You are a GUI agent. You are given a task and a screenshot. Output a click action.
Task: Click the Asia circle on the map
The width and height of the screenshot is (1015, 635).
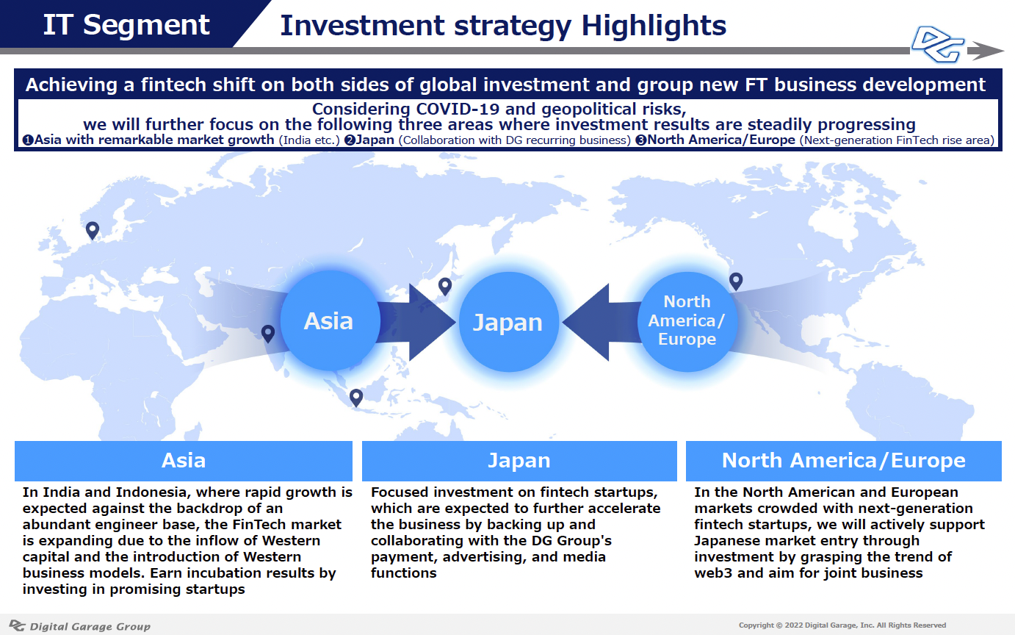(x=330, y=320)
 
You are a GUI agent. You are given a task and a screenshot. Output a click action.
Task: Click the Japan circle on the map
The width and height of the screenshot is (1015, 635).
(x=508, y=322)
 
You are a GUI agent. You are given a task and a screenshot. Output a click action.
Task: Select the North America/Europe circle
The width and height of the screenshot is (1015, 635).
(x=687, y=321)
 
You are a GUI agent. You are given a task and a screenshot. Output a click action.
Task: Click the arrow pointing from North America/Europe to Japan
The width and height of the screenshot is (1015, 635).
(x=602, y=323)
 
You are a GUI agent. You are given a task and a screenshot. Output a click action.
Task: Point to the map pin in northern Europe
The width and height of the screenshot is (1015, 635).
(x=93, y=231)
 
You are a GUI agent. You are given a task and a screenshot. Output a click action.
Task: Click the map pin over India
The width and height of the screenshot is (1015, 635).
(x=268, y=334)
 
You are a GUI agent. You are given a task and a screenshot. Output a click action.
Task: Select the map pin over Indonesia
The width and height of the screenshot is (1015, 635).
(x=356, y=398)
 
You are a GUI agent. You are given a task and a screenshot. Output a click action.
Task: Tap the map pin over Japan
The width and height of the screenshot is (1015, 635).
(x=445, y=287)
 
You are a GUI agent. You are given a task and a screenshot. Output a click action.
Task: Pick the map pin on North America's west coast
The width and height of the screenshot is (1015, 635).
(x=736, y=281)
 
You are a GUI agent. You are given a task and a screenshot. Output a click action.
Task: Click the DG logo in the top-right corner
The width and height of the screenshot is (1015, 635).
(x=937, y=44)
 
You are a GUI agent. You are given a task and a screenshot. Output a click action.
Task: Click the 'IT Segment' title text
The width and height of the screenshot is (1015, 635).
(x=126, y=24)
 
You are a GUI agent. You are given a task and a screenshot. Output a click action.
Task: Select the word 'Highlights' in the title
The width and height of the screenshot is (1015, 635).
(x=654, y=26)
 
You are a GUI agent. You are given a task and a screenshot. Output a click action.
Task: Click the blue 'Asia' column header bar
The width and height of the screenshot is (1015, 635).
(x=184, y=461)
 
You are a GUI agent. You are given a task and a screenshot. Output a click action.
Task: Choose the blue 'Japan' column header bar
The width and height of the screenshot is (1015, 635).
(x=519, y=461)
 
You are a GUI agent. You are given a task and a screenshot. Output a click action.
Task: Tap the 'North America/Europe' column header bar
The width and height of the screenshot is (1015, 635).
(x=844, y=461)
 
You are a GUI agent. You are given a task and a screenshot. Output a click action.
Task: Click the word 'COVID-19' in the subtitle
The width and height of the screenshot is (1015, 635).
(x=458, y=110)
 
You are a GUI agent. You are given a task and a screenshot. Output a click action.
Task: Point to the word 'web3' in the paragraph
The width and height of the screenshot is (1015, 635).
(x=712, y=573)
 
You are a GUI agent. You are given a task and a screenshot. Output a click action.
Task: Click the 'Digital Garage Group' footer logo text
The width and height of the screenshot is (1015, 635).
(x=90, y=626)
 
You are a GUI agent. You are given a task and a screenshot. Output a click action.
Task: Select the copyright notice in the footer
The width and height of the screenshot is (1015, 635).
(x=842, y=625)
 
